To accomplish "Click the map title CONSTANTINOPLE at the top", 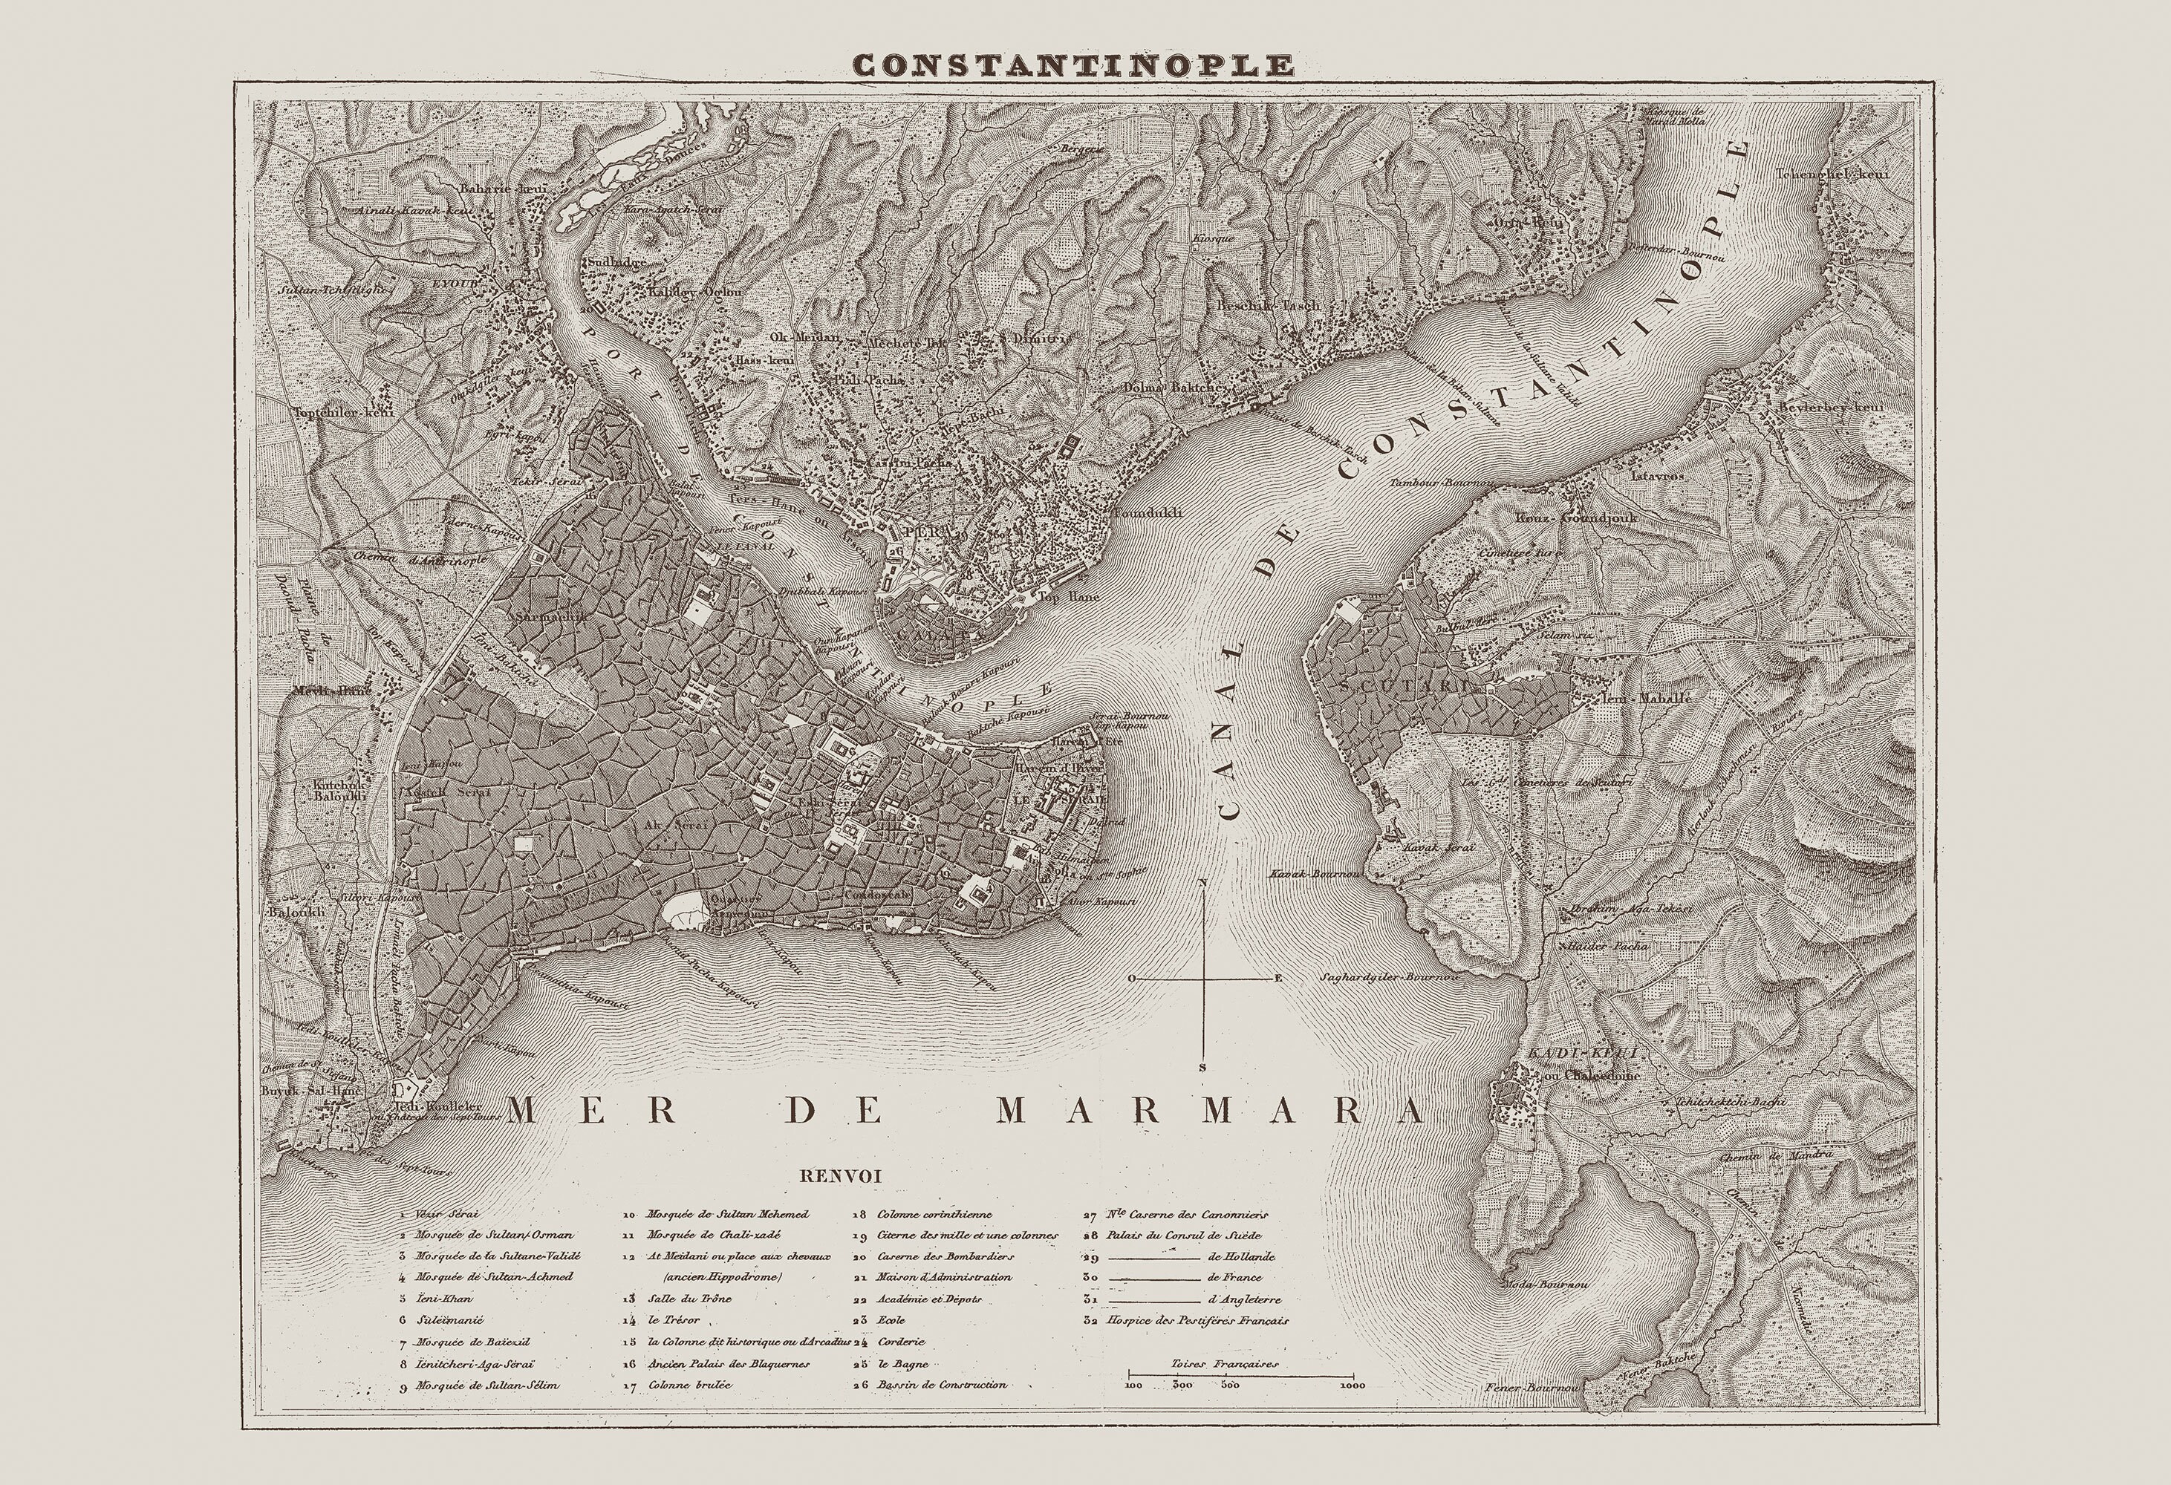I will [x=1073, y=65].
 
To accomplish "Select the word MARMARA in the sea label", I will [x=1211, y=1109].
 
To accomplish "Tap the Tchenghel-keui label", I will [x=1845, y=174].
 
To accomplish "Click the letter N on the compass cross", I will [x=1203, y=881].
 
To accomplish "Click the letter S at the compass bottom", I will [x=1203, y=1066].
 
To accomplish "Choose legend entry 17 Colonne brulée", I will [x=686, y=1385].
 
